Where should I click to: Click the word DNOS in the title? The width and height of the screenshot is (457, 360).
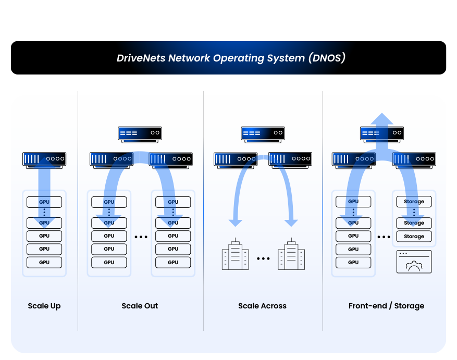pos(327,58)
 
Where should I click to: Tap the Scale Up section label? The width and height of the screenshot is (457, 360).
pos(44,306)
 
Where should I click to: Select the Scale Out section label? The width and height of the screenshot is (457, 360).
pos(140,306)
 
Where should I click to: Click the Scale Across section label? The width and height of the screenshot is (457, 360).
pos(262,306)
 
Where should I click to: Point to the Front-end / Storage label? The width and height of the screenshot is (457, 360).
pos(386,306)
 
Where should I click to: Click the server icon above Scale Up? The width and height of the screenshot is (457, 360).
pos(44,159)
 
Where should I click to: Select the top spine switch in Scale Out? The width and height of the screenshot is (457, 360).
pos(140,133)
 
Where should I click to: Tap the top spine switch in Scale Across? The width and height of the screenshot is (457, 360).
pos(263,133)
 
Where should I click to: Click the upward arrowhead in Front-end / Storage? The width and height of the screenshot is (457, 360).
pos(382,120)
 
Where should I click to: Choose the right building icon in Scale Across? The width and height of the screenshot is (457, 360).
pos(291,255)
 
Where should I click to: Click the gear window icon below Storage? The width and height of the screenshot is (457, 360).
pos(414,262)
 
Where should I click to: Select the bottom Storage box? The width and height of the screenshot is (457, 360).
pos(414,237)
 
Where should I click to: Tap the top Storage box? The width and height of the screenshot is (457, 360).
pos(414,202)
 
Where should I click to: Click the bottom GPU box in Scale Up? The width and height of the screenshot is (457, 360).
pos(44,263)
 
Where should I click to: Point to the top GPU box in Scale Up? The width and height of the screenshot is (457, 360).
pos(44,202)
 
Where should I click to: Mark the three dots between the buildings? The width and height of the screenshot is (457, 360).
pos(263,258)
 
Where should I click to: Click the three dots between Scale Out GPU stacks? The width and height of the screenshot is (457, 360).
pos(141,237)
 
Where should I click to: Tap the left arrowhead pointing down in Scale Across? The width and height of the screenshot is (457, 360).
pos(236,222)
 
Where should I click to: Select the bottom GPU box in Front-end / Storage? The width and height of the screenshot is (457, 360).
pos(353,263)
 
